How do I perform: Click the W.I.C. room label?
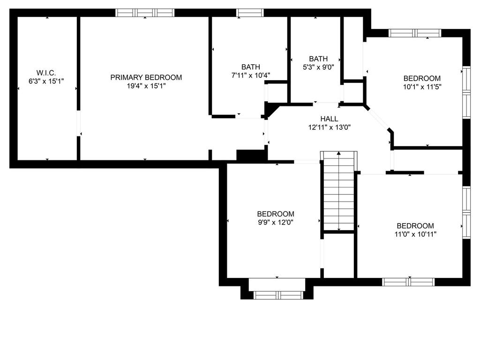click(x=46, y=73)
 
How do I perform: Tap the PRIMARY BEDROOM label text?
click(x=146, y=77)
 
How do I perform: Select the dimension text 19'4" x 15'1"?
click(x=146, y=86)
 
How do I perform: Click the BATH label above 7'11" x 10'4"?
click(x=251, y=67)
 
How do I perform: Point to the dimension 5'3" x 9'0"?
click(x=318, y=67)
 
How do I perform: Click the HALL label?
click(x=330, y=119)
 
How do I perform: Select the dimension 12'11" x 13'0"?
click(x=330, y=127)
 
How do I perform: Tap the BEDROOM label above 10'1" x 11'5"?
click(x=422, y=78)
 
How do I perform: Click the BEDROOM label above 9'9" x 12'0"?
click(x=276, y=214)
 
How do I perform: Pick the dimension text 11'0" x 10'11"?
click(x=415, y=234)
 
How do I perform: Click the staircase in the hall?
click(x=339, y=191)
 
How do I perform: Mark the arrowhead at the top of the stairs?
click(x=339, y=153)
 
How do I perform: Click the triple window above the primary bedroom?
click(x=145, y=13)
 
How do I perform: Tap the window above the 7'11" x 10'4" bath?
click(x=250, y=13)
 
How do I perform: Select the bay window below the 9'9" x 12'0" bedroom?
click(x=278, y=295)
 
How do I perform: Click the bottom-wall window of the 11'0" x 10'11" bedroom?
click(x=408, y=282)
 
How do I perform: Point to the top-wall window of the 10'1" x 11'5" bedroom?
click(x=415, y=33)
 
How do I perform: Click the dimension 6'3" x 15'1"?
click(x=46, y=81)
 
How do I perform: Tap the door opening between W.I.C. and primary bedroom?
click(x=78, y=123)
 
